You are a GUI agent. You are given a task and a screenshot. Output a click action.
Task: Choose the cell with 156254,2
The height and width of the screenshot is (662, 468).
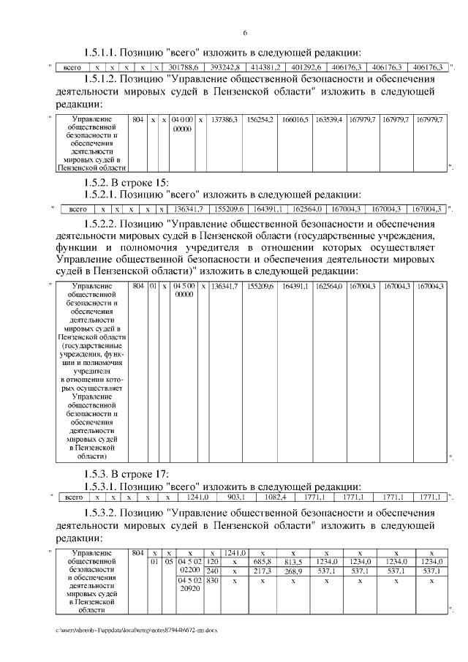click(x=261, y=119)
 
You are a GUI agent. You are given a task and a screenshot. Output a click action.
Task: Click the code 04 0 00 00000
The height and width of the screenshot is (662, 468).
click(x=183, y=123)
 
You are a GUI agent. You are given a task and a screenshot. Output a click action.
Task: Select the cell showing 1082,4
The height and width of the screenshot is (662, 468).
click(x=276, y=497)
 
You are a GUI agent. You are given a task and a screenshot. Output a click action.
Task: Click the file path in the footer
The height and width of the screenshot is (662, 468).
click(x=136, y=629)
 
